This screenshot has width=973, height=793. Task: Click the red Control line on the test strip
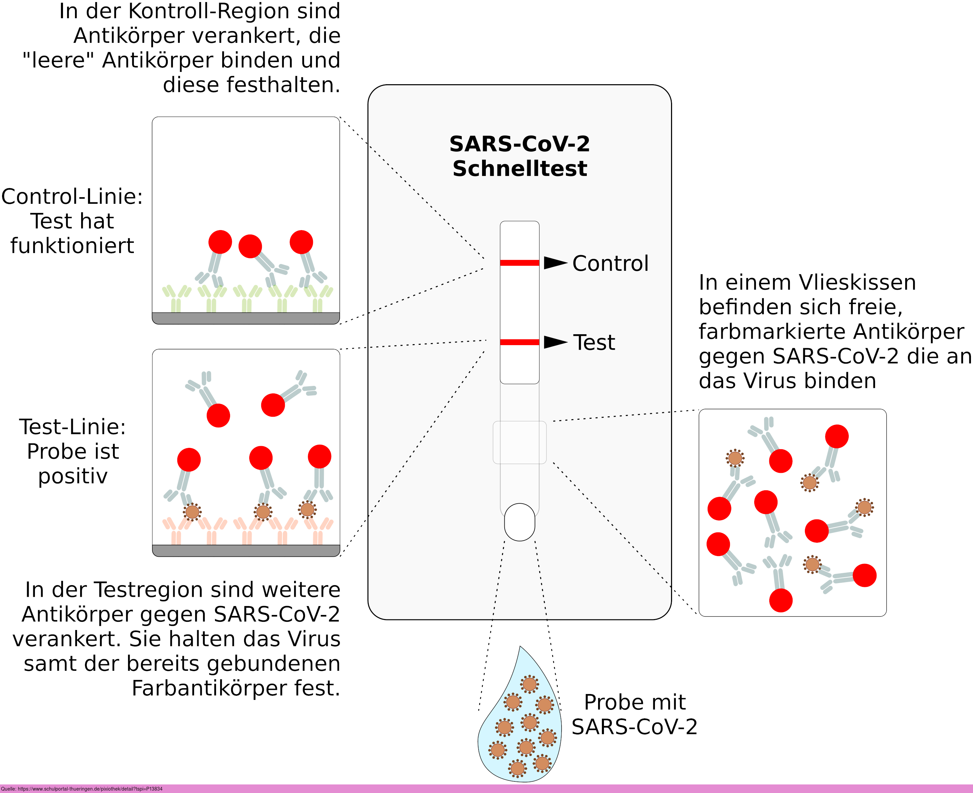point(519,263)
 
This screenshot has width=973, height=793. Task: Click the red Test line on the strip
point(519,342)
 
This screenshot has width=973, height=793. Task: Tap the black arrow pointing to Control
point(555,263)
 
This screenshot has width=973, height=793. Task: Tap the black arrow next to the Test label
point(555,342)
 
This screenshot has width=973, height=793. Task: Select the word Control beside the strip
point(610,264)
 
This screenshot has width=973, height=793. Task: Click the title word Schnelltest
point(520,168)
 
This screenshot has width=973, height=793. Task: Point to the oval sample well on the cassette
point(519,522)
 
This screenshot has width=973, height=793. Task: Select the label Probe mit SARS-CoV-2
point(634,715)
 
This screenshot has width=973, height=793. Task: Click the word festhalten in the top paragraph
point(251,85)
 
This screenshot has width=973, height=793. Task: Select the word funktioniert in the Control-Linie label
point(72,246)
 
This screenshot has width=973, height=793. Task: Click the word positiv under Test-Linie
point(73,476)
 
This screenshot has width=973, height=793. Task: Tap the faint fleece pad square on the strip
point(519,442)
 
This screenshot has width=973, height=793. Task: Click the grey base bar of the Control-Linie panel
point(246,318)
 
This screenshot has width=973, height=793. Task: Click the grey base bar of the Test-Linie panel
point(246,551)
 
